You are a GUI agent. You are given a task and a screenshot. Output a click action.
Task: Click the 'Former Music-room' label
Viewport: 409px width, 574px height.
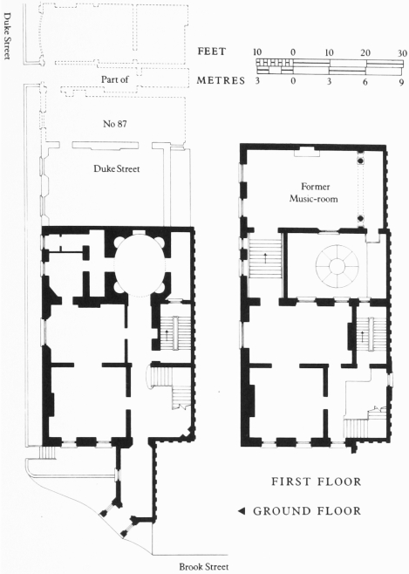click(x=314, y=193)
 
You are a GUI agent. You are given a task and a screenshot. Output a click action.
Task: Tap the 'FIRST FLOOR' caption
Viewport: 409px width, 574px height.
click(x=316, y=482)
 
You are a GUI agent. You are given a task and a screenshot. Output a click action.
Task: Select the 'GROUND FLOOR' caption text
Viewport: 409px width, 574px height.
click(x=307, y=510)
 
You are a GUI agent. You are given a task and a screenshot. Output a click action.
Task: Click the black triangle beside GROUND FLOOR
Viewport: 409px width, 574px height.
click(x=242, y=511)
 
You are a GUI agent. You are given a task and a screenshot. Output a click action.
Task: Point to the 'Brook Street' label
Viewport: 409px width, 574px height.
click(x=204, y=567)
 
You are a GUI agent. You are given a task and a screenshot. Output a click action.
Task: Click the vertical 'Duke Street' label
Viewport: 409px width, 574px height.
click(x=7, y=36)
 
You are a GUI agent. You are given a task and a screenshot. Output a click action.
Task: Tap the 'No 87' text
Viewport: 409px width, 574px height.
click(x=115, y=124)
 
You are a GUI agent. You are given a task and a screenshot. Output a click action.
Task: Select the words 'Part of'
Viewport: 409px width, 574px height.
click(x=114, y=79)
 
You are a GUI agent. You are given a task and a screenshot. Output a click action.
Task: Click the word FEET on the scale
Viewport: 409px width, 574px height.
click(x=212, y=51)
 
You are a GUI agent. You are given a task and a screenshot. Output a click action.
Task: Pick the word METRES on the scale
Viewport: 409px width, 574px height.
click(x=221, y=80)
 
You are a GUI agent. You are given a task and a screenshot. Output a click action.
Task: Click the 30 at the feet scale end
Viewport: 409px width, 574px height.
click(x=402, y=53)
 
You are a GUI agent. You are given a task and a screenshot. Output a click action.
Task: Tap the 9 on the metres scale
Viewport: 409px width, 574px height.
click(x=402, y=82)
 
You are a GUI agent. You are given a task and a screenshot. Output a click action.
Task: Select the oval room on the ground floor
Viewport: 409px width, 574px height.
click(x=140, y=265)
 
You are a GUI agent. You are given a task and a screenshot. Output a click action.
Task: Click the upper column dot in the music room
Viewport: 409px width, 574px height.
click(x=360, y=161)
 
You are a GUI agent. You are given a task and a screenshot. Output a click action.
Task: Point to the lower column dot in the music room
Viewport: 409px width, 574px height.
click(x=360, y=219)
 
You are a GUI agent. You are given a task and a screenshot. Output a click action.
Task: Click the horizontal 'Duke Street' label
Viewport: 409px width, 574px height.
click(x=117, y=168)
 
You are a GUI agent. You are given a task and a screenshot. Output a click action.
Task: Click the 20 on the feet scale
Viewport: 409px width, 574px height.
click(x=365, y=53)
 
